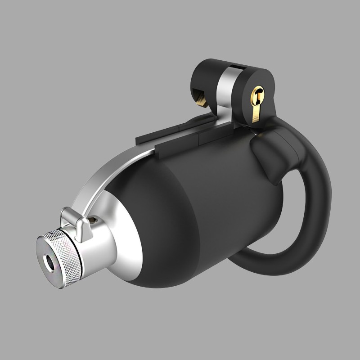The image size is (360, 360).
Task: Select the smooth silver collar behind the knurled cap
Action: pyautogui.click(x=92, y=252)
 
